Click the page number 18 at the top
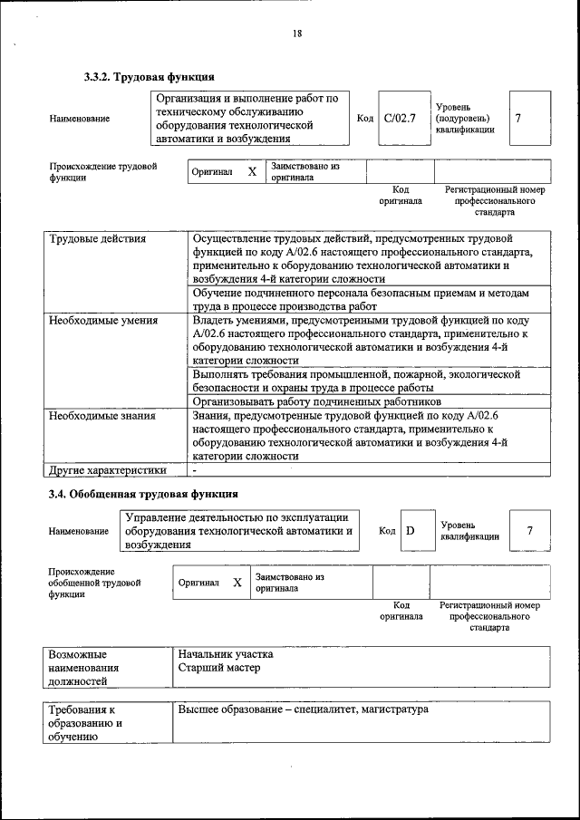pyautogui.click(x=296, y=34)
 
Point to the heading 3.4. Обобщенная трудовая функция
pyautogui.click(x=143, y=494)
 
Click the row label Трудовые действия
pyautogui.click(x=98, y=239)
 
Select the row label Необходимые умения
pyautogui.click(x=103, y=320)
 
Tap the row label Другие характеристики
pyautogui.click(x=108, y=470)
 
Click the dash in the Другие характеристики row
pyautogui.click(x=195, y=470)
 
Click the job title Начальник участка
pyautogui.click(x=225, y=653)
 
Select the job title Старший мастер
pyautogui.click(x=218, y=668)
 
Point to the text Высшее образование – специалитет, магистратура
pyautogui.click(x=303, y=709)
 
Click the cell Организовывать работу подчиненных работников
pyautogui.click(x=317, y=400)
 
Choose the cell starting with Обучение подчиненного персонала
pyautogui.click(x=360, y=300)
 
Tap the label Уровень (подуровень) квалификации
pyautogui.click(x=465, y=118)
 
